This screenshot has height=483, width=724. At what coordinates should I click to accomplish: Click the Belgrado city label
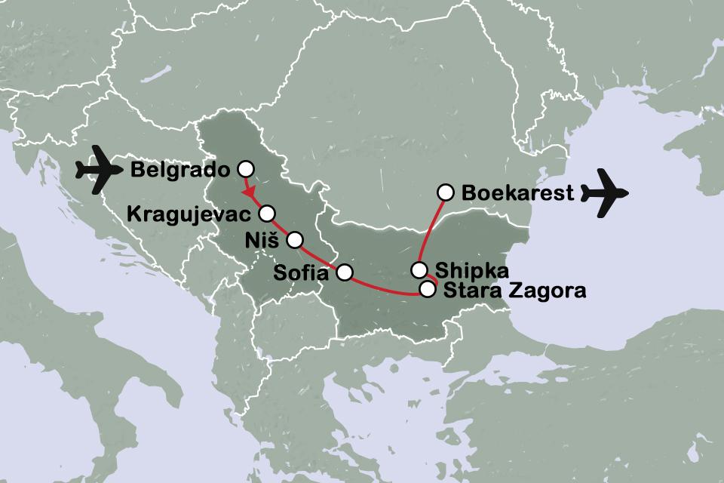(x=181, y=169)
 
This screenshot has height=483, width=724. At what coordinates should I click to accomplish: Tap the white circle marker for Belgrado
(x=244, y=168)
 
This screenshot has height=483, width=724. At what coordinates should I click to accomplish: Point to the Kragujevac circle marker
(x=267, y=213)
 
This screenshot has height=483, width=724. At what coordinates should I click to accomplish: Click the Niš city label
(x=262, y=241)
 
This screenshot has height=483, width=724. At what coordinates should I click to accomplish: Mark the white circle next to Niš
(x=295, y=240)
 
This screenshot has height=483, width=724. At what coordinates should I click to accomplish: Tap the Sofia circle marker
(x=344, y=272)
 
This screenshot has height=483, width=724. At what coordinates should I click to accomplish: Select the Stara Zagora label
(x=515, y=289)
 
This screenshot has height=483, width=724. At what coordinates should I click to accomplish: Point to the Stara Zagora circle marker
(x=428, y=288)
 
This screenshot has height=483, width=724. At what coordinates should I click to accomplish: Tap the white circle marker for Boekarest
(x=446, y=192)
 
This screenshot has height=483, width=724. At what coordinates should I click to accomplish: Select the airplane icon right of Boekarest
(x=608, y=193)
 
